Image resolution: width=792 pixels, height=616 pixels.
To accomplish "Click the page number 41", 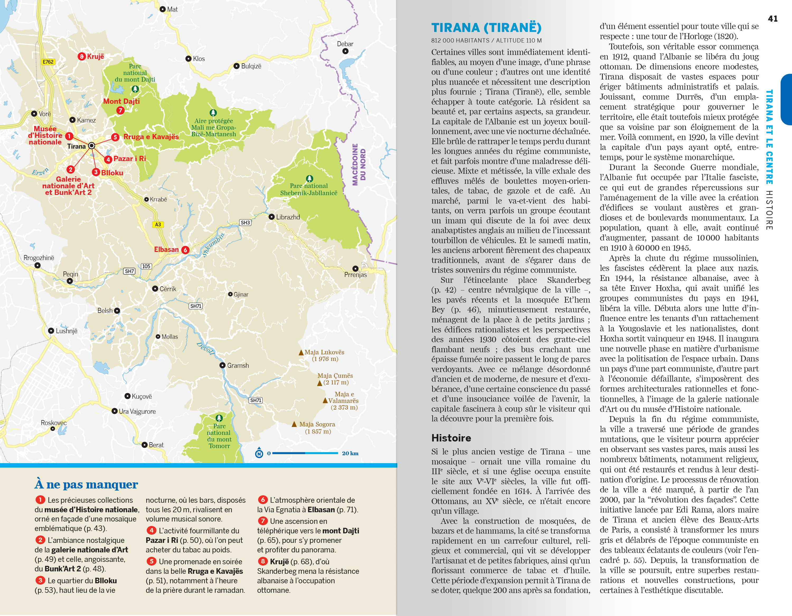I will pyautogui.click(x=772, y=19).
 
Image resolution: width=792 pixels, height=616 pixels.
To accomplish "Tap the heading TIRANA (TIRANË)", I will pyautogui.click(x=486, y=27).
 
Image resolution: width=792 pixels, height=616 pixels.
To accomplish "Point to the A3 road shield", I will pyautogui.click(x=158, y=224).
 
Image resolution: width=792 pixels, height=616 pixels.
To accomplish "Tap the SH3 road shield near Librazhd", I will pyautogui.click(x=245, y=222).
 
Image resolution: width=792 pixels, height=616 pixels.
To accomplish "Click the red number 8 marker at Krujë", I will pyautogui.click(x=82, y=56).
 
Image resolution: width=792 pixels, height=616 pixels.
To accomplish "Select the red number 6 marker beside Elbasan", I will pyautogui.click(x=185, y=250).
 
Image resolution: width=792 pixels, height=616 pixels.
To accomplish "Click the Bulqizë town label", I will pyautogui.click(x=251, y=66).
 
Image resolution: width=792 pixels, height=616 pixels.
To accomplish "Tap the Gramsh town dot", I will pyautogui.click(x=223, y=365).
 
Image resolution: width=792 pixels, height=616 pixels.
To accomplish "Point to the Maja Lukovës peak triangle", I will pyautogui.click(x=301, y=352).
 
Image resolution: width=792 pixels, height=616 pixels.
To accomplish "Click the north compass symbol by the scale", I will pyautogui.click(x=259, y=453).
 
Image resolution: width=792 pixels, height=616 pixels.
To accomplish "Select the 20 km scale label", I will pyautogui.click(x=350, y=453).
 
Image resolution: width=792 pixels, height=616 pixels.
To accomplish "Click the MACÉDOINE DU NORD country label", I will pyautogui.click(x=359, y=164).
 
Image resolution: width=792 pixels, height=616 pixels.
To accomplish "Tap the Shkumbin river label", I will pyautogui.click(x=214, y=244).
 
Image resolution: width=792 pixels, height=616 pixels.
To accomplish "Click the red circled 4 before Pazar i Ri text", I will pyautogui.click(x=151, y=530).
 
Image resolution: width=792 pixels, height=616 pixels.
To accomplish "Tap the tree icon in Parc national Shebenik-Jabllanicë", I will pyautogui.click(x=309, y=178).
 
